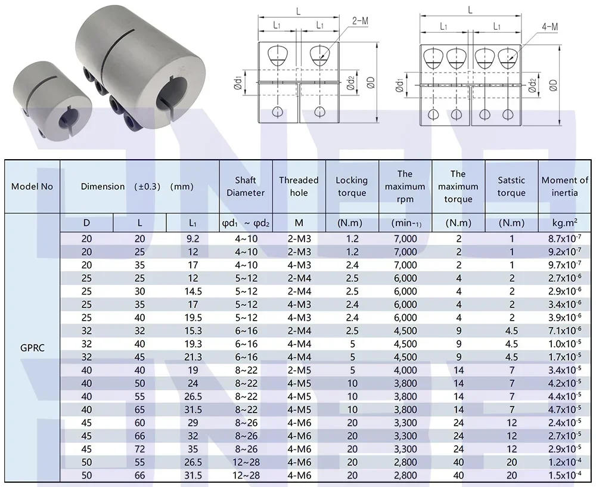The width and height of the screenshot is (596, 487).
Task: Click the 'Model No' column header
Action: click(x=32, y=187)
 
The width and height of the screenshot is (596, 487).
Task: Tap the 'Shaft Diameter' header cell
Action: click(x=246, y=187)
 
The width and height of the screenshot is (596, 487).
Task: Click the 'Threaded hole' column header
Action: click(x=299, y=187)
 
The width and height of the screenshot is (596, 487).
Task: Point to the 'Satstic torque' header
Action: click(x=511, y=187)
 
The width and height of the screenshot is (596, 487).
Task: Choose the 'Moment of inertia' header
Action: click(x=565, y=187)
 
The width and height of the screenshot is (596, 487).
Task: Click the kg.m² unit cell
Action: click(x=565, y=223)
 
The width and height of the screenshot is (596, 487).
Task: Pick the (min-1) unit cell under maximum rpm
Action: click(x=405, y=223)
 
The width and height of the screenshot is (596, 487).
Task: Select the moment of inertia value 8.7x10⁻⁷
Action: click(x=565, y=238)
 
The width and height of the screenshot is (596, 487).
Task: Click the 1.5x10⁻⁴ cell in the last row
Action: click(x=565, y=474)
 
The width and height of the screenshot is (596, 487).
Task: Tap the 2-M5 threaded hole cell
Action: click(x=299, y=370)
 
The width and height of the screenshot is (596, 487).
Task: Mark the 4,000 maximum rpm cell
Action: click(x=405, y=370)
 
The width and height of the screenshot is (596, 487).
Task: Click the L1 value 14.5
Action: click(x=193, y=291)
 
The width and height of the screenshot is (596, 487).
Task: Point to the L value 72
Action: click(x=139, y=448)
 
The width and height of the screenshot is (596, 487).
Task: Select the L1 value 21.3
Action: click(x=193, y=356)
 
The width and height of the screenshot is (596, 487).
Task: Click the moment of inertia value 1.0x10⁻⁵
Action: click(x=565, y=343)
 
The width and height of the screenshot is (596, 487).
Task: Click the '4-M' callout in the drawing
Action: click(x=550, y=27)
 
